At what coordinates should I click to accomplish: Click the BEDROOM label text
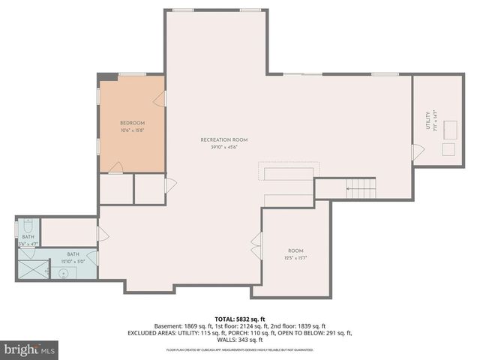pos(132,123)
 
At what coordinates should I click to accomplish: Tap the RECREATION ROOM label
pos(223,139)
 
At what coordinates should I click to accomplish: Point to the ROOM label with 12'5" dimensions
pos(295,250)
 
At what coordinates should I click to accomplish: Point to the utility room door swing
pos(417,152)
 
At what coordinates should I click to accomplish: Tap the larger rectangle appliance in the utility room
pos(451,130)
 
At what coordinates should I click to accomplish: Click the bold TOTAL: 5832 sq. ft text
pos(239,318)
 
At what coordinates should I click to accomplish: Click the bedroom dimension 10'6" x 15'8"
pos(132,130)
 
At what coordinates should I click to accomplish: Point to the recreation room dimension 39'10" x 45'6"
pos(223,147)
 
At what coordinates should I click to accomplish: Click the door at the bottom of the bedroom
pos(115,169)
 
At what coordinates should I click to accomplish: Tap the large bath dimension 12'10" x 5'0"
pos(73,261)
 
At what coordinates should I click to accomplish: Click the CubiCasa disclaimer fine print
pos(239,349)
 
